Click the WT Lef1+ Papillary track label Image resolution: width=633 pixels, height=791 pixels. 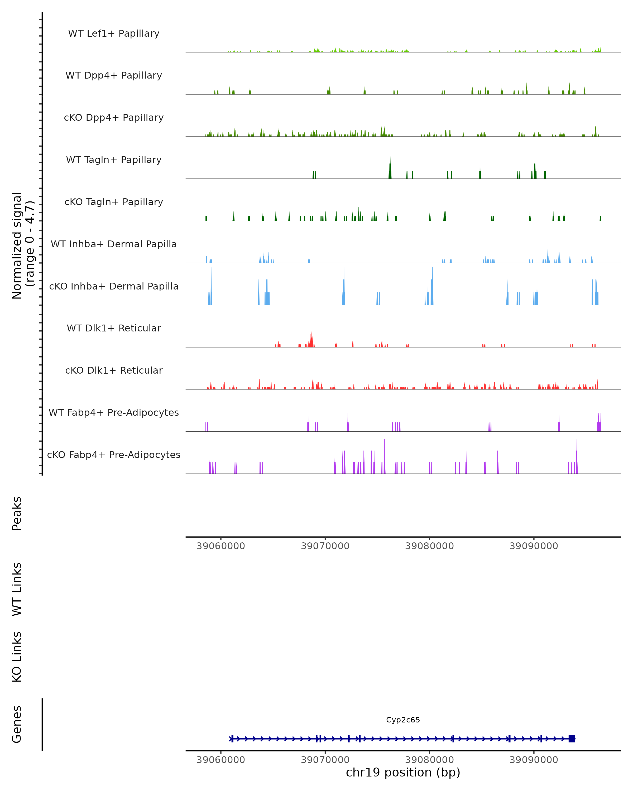click(114, 33)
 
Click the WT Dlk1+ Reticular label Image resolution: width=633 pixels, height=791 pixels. click(114, 328)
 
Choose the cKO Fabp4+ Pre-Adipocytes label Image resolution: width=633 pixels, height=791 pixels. click(114, 455)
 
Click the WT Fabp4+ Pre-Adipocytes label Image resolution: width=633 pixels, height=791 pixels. click(114, 412)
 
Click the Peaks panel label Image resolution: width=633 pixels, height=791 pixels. click(17, 513)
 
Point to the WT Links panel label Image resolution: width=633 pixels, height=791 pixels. click(17, 589)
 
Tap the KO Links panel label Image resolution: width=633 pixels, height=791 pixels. click(17, 657)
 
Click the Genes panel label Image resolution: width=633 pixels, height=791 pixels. click(17, 724)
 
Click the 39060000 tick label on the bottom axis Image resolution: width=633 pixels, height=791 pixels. click(220, 760)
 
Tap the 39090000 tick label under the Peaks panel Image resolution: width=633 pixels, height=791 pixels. click(534, 546)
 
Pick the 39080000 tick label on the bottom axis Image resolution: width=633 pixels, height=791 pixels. click(429, 760)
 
